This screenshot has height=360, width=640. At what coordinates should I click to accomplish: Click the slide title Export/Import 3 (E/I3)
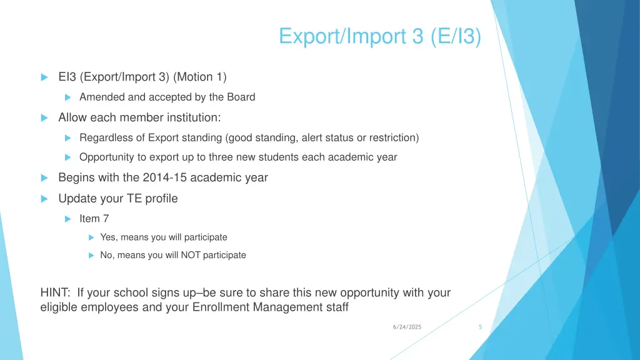coord(380,36)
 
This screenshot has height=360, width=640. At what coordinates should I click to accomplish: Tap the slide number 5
coord(480,327)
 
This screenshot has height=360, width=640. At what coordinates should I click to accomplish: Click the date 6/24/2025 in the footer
coord(407,327)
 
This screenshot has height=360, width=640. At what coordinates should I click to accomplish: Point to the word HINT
coord(54,292)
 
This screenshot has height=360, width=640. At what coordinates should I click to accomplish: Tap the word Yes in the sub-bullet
coord(108,237)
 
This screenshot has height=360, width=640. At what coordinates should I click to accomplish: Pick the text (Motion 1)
coord(201,77)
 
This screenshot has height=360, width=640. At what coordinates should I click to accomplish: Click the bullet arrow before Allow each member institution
coord(44,118)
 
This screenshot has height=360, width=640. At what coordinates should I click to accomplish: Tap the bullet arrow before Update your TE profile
coord(44,199)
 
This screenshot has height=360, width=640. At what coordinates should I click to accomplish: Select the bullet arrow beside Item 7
coord(69,219)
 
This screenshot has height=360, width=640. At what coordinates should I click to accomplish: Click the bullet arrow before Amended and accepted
coord(69,97)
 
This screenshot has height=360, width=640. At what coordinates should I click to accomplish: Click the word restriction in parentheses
coord(394,137)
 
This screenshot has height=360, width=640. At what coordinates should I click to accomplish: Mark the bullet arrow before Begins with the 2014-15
coord(44,178)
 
